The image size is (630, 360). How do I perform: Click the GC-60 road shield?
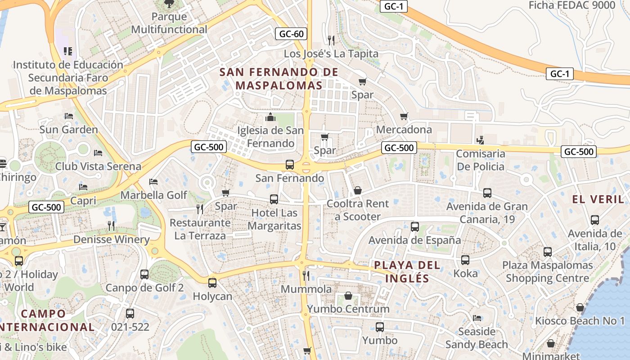point(291,34)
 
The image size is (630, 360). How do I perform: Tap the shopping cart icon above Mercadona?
point(404,117)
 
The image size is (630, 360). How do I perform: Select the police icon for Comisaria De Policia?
point(480,140)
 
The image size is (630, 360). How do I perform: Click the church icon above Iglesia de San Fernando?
point(270,117)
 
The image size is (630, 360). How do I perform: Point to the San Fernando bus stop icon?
point(289,165)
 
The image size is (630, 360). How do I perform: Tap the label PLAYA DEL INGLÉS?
point(407,271)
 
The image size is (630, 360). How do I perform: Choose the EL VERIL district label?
point(598,199)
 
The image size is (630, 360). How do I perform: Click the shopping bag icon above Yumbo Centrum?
point(348,296)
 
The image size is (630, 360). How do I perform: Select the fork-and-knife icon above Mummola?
point(306,275)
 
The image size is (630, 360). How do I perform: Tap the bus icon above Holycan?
point(212,283)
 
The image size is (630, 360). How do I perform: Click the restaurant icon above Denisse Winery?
point(111,226)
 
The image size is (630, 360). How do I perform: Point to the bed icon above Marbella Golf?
point(153,182)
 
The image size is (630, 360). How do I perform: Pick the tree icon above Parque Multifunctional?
point(169,4)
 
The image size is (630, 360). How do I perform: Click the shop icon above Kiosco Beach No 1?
point(580,308)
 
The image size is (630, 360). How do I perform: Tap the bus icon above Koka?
point(465,260)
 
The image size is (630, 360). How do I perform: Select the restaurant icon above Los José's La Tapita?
point(331,40)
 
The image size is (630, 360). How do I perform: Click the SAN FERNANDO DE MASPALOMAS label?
point(279,79)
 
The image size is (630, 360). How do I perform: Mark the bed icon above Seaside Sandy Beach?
point(477,318)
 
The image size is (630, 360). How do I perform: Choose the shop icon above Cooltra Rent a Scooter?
point(358,190)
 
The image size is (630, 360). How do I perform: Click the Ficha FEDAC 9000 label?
point(571,5)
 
